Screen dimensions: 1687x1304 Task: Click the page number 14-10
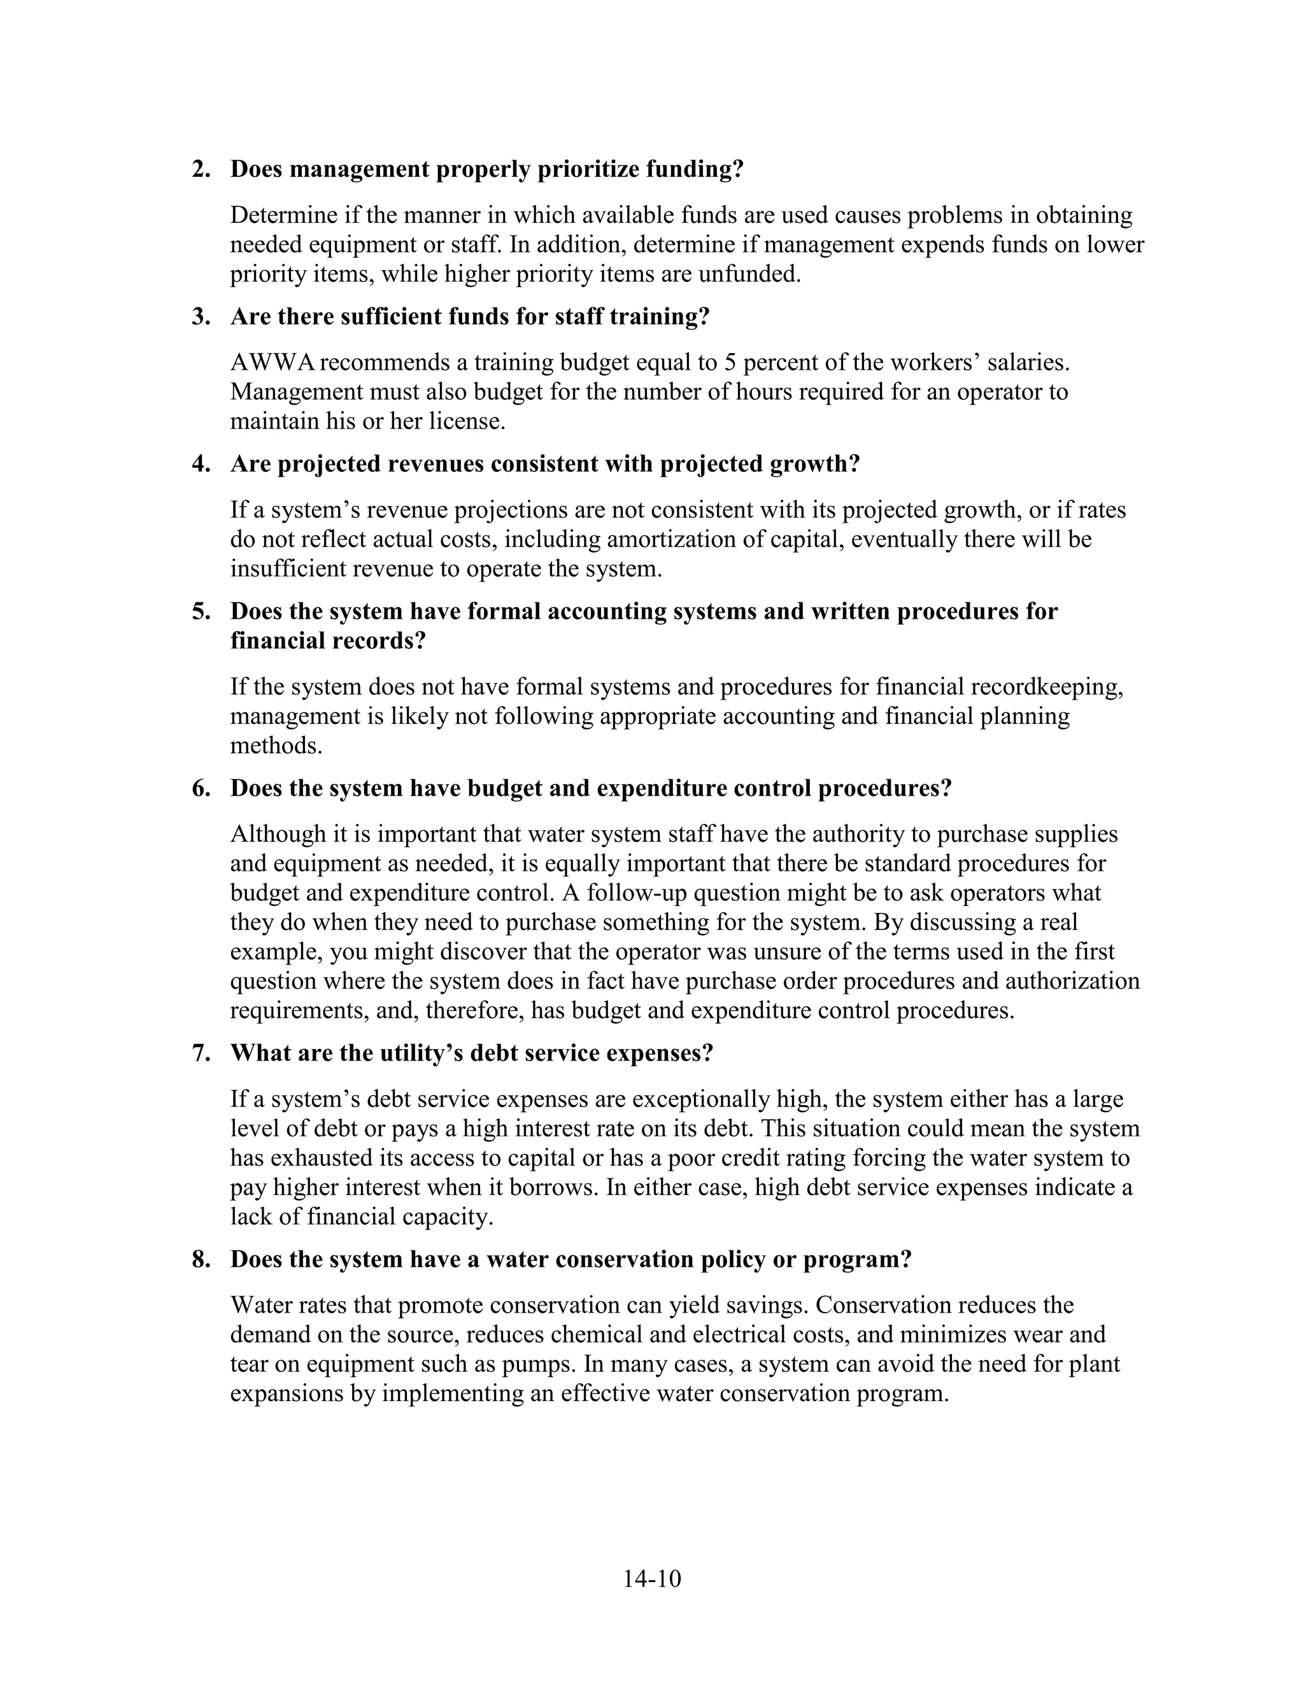652,1578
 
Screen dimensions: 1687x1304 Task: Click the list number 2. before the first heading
201,169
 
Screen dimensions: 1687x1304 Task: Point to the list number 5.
201,612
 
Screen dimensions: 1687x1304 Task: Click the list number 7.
201,1054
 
